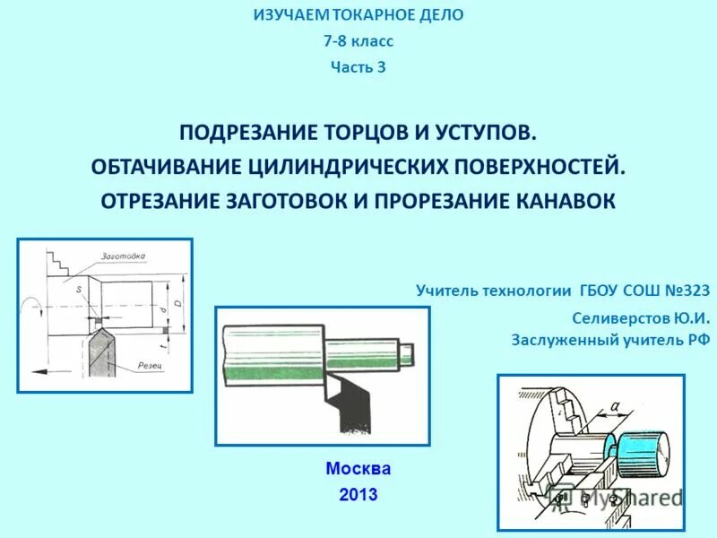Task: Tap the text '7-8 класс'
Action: tap(358, 41)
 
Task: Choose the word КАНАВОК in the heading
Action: tap(570, 200)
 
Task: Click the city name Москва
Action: tap(358, 468)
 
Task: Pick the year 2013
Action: tap(358, 494)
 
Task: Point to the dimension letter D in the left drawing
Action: tap(177, 306)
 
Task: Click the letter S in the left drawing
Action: tap(79, 290)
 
